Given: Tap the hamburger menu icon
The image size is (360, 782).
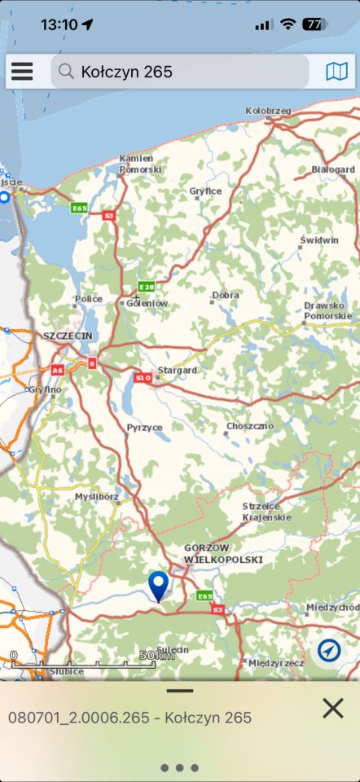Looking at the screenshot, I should [x=22, y=72].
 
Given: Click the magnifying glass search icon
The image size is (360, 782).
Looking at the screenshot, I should [x=66, y=72].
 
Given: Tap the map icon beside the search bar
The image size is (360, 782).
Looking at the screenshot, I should [x=336, y=72].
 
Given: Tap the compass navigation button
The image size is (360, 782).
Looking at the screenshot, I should [x=330, y=650].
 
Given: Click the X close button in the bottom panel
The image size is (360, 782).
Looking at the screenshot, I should [x=332, y=709].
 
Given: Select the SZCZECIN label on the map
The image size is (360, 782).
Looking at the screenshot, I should [x=68, y=336].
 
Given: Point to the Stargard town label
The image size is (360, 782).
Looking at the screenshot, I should [x=177, y=371].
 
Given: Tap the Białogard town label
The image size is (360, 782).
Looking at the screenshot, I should [x=332, y=169].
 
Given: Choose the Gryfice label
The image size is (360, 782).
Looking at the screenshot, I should [x=205, y=191].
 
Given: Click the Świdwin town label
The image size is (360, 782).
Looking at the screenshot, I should [x=319, y=240].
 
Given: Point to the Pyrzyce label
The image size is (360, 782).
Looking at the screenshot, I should [x=144, y=427].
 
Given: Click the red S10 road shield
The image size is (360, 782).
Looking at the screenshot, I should [x=143, y=378].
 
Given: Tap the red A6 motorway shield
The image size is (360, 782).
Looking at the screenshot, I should [x=57, y=370].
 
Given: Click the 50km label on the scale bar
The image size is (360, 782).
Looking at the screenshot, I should [x=156, y=656].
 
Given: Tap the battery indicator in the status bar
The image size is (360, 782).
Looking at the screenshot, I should [x=315, y=24].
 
